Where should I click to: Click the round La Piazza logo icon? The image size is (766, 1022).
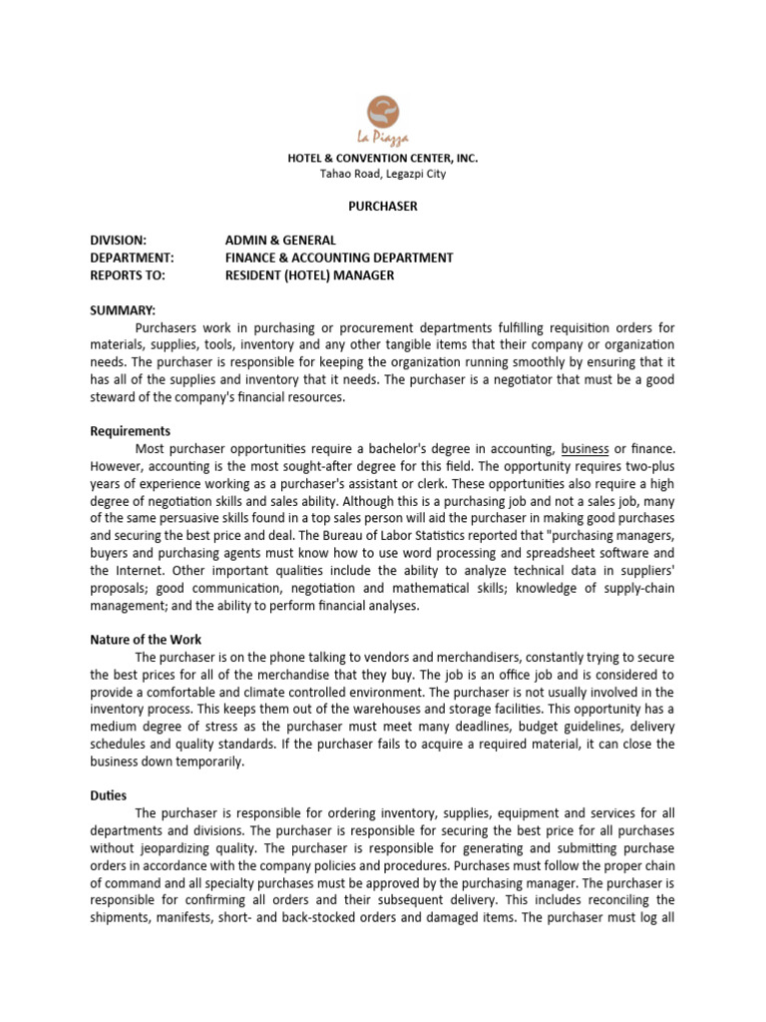point(383,111)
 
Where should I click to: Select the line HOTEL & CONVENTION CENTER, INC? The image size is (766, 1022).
point(382,158)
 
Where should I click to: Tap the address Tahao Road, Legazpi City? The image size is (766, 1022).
point(382,174)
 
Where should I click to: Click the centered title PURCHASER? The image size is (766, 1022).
point(382,207)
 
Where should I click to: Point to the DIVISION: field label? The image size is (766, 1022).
point(118,241)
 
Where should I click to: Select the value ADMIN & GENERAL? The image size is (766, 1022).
point(280,241)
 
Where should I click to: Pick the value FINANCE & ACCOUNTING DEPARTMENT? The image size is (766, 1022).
point(339,257)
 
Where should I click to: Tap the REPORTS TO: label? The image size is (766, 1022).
point(128,274)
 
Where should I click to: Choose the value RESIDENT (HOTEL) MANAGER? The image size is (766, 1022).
point(309,274)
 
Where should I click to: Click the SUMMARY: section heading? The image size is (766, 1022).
point(123,310)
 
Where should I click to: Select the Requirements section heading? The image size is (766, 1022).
point(130,431)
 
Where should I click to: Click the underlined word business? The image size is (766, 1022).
point(584,449)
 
